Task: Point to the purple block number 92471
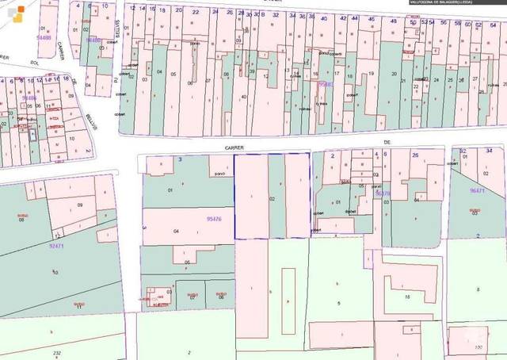tap(56, 246)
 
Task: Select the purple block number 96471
tap(477, 190)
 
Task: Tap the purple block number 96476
tap(383, 193)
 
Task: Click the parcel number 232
tap(56, 352)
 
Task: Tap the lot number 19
tap(371, 73)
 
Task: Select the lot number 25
tap(450, 80)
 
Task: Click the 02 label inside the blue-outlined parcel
tap(273, 199)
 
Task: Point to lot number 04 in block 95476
tap(176, 231)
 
